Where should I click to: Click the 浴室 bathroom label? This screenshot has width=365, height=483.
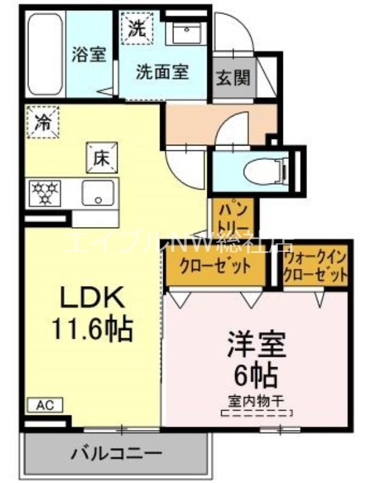[x=89, y=55]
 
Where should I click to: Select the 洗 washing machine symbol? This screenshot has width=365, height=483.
[x=139, y=27]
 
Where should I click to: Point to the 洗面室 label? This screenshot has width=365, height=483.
[x=162, y=72]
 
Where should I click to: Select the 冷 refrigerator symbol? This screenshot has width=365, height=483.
[x=42, y=121]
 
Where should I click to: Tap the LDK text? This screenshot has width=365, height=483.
[x=91, y=298]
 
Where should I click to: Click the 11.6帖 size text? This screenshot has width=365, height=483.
[x=91, y=329]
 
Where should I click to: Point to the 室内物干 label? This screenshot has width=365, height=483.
[x=256, y=400]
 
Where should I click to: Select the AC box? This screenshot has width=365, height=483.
[x=44, y=405]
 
